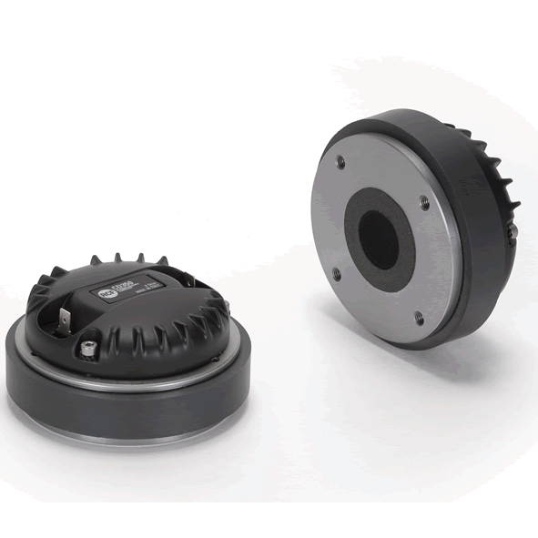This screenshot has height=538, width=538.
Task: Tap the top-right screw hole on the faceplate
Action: click(x=424, y=198)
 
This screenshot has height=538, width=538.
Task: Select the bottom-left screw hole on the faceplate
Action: click(x=336, y=271)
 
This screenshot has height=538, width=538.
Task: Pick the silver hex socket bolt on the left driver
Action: click(x=89, y=347)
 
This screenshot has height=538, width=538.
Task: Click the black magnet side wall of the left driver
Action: click(x=127, y=414)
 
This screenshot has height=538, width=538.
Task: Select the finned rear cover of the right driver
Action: click(x=496, y=182)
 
